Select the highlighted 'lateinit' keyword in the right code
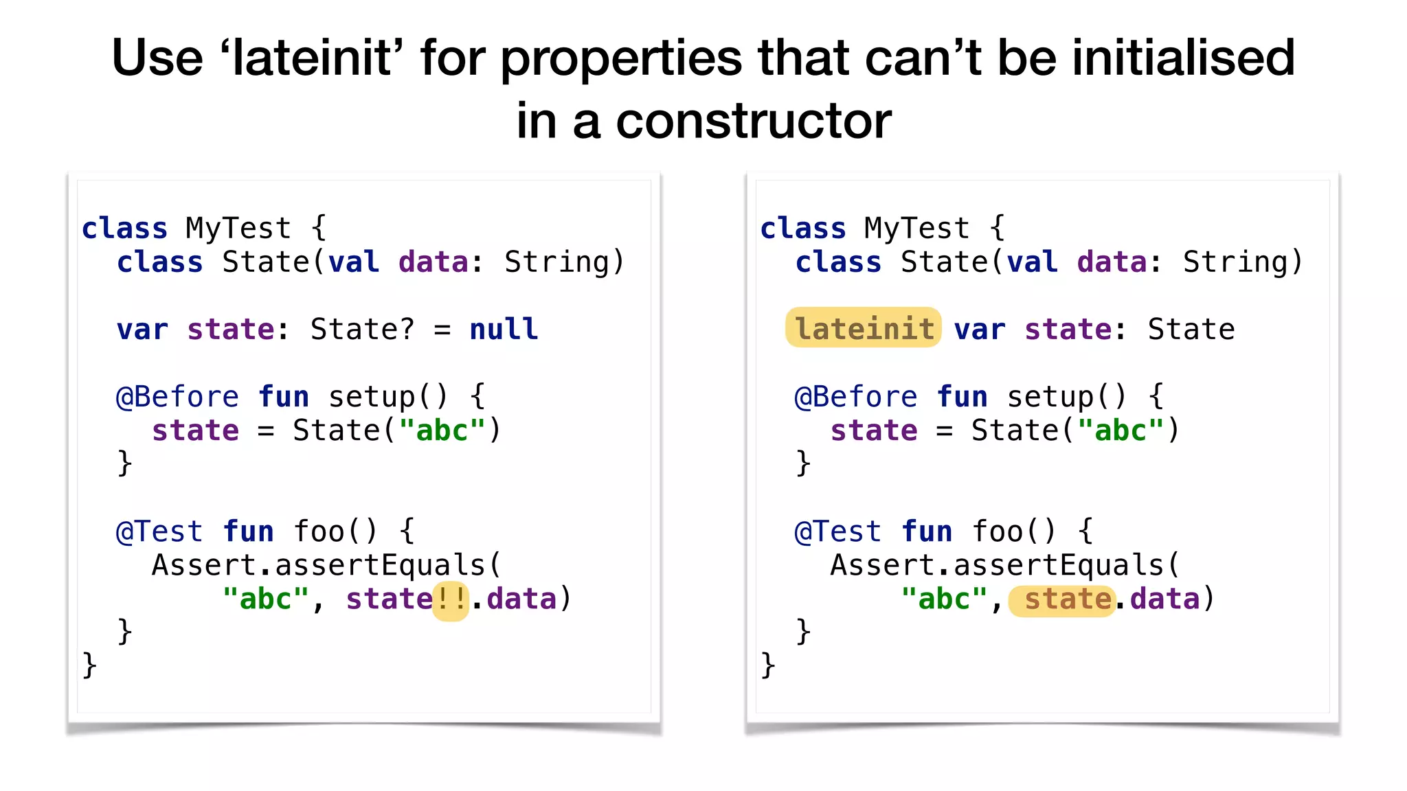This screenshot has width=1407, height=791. [x=864, y=329]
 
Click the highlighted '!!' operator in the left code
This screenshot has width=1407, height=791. [x=451, y=599]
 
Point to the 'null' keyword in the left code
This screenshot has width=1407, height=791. [x=504, y=330]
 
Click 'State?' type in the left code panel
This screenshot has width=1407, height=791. [x=363, y=330]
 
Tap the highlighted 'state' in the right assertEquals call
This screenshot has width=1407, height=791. [x=1067, y=599]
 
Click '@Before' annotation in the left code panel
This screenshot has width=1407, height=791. [x=177, y=397]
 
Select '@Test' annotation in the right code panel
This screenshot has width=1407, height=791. [x=837, y=532]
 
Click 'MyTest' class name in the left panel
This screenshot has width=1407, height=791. [x=238, y=228]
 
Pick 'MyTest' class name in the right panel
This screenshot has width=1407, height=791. [x=916, y=228]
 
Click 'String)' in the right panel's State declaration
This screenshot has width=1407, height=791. [x=1242, y=262]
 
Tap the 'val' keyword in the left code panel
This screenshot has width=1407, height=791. [x=354, y=262]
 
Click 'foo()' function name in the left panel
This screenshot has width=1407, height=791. [x=335, y=532]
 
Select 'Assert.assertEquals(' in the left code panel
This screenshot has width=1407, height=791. [x=327, y=566]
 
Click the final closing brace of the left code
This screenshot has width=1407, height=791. [x=89, y=665]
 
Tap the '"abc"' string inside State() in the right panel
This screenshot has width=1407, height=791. [x=1121, y=431]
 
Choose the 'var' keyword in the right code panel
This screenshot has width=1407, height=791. [x=979, y=330]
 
